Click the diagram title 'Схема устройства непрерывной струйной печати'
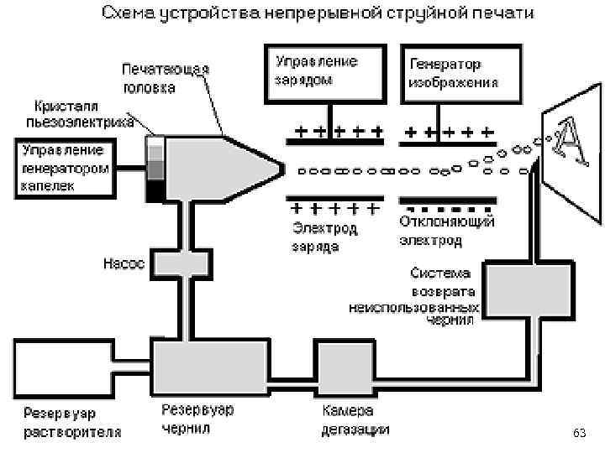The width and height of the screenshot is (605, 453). pyautogui.click(x=317, y=15)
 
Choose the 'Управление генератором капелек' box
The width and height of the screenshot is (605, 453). pyautogui.click(x=63, y=169)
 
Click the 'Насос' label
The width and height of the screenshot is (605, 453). pyautogui.click(x=124, y=263)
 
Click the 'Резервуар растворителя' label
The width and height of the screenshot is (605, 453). pyautogui.click(x=71, y=424)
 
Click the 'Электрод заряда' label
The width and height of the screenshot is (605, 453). pyautogui.click(x=324, y=237)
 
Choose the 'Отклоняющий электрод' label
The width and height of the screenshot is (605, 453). pyautogui.click(x=444, y=232)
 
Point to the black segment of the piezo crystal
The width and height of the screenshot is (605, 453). pyautogui.click(x=156, y=191)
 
